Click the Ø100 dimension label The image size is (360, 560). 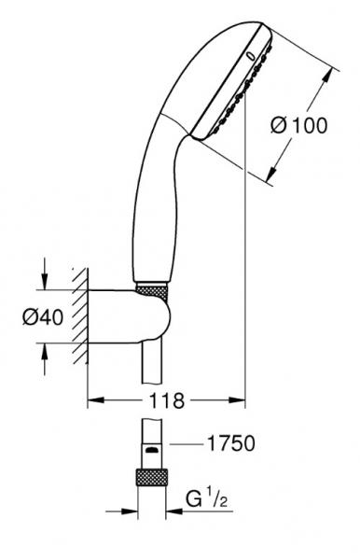pyautogui.click(x=298, y=125)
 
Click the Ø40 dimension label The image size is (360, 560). pyautogui.click(x=43, y=316)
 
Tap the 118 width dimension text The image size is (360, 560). pyautogui.click(x=166, y=400)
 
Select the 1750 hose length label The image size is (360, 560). pyautogui.click(x=231, y=443)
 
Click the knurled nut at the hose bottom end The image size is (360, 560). pyautogui.click(x=152, y=476)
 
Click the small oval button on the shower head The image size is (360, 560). pyautogui.click(x=251, y=56)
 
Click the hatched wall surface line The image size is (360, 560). pyautogui.click(x=87, y=315)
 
